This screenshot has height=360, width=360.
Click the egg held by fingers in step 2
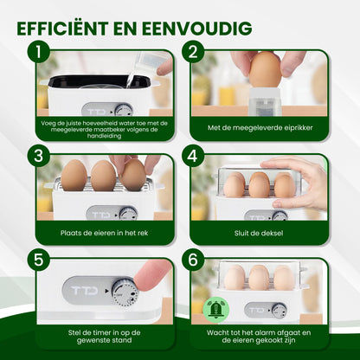(x=266, y=70)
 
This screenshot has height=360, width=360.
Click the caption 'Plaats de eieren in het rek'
(x=104, y=233)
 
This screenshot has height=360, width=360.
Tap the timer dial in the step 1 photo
(x=125, y=110)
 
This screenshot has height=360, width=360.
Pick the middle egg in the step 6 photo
(x=259, y=277)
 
